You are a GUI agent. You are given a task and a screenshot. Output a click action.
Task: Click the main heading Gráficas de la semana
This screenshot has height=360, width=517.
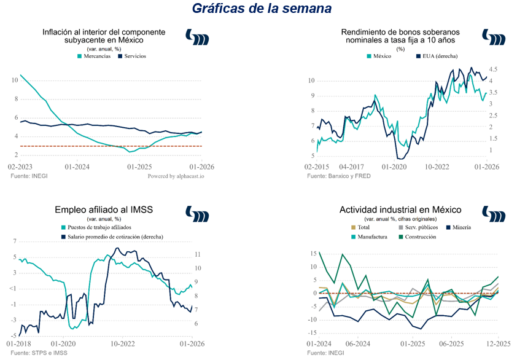(262, 9)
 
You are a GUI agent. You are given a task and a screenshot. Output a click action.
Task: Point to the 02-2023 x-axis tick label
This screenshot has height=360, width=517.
(20, 166)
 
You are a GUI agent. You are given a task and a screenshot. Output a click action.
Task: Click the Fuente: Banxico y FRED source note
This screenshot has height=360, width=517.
(339, 176)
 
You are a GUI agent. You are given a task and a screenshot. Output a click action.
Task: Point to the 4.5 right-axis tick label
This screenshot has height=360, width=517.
(493, 69)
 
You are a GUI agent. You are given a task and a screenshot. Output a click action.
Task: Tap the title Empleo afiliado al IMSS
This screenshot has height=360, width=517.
(104, 210)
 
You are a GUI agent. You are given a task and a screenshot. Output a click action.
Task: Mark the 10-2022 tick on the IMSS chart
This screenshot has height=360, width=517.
(123, 343)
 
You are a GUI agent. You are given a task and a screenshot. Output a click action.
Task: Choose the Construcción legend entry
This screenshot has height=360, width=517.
(419, 237)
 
